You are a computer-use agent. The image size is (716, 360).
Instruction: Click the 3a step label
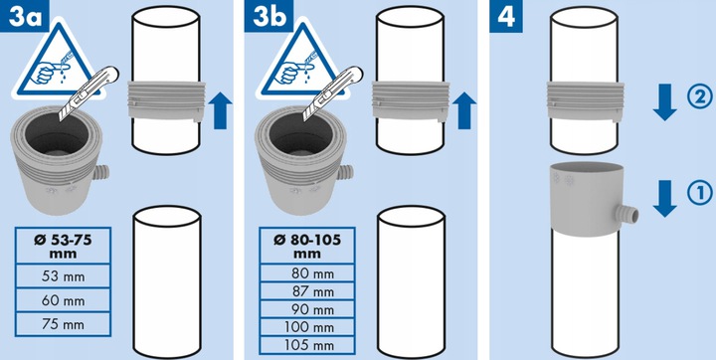coord(23,16)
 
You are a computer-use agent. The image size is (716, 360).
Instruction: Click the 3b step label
coord(268,16)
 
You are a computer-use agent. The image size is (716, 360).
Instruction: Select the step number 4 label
coord(505,16)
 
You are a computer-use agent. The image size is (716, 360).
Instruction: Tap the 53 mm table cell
coord(63,275)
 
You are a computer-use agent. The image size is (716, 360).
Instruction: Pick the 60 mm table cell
coord(63,300)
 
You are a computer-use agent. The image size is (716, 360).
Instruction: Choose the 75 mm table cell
coord(63,325)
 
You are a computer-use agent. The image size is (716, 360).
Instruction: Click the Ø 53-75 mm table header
coord(63,246)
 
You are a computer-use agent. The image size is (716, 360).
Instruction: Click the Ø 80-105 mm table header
coord(307,246)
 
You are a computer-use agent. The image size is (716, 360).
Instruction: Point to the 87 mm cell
coord(307,291)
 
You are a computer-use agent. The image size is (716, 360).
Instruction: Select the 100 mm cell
coord(307,327)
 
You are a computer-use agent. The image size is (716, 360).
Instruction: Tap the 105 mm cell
coord(307,345)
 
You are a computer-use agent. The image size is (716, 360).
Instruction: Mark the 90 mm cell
coord(307,309)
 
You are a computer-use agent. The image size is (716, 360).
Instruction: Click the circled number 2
coord(699,97)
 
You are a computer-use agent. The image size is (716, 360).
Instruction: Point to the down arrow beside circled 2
coord(665,102)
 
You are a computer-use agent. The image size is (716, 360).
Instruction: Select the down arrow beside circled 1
coord(665,198)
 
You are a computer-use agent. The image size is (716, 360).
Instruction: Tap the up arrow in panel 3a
coord(220,110)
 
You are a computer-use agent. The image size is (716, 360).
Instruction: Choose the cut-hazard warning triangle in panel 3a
coord(58,60)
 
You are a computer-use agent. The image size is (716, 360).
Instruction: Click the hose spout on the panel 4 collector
coord(627,214)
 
